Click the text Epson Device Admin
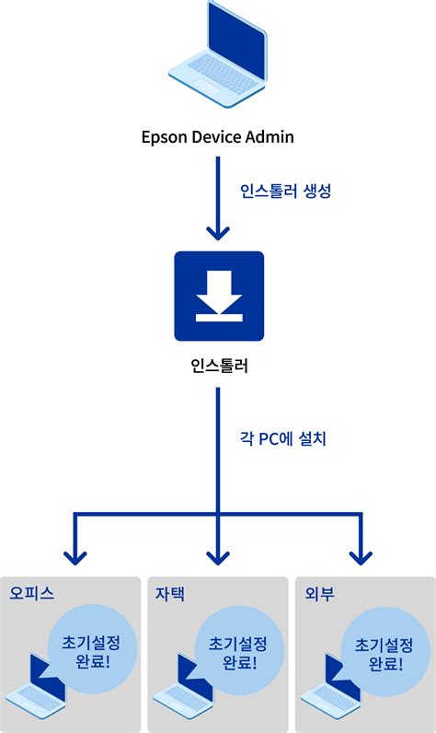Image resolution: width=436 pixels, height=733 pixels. tap(218, 137)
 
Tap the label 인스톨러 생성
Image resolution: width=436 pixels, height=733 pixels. tap(285, 192)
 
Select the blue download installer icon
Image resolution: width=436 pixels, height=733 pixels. tap(219, 295)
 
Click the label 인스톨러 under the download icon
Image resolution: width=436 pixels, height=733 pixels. tap(218, 368)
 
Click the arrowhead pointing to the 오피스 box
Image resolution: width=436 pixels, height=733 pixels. tap(74, 555)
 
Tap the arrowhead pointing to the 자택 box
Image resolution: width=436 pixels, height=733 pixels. tap(218, 555)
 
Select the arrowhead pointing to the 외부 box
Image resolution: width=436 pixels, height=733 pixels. tap(361, 555)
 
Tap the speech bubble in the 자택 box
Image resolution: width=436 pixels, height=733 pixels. tap(238, 651)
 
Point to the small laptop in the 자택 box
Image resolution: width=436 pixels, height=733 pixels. tap(184, 689)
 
